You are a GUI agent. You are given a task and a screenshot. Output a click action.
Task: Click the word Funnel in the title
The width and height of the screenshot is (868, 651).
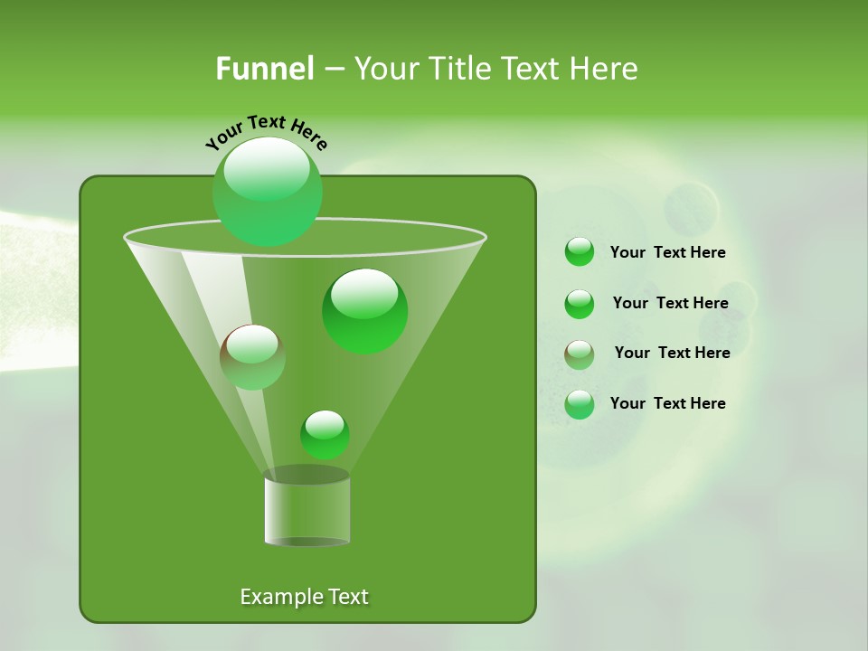point(264,69)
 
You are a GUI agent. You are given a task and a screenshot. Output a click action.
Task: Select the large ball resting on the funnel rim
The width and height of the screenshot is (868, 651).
point(267,191)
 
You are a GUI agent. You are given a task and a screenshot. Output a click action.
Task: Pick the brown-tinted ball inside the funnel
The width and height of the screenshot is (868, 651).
point(252,356)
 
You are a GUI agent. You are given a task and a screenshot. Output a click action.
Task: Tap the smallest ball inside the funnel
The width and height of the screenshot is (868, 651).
point(325,434)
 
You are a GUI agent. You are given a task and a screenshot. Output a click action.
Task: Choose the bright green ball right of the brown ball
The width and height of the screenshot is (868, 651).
point(364,310)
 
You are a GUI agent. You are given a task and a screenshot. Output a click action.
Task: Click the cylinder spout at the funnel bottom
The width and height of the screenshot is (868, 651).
point(307,508)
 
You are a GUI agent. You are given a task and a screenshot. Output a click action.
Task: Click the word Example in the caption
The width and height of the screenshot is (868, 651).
point(273,597)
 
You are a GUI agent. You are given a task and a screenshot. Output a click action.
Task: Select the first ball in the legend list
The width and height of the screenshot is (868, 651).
point(579,252)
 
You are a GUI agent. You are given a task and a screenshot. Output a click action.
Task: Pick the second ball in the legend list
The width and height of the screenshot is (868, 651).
point(579,304)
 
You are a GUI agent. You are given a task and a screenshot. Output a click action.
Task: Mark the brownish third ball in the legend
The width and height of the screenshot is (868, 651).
point(579,354)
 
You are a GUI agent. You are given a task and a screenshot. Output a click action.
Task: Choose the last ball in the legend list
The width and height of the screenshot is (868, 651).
point(579,404)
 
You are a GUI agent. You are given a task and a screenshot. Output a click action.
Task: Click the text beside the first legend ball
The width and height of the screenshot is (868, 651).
point(667,253)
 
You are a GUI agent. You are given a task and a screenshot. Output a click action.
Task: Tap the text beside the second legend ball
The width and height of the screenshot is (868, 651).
point(670,303)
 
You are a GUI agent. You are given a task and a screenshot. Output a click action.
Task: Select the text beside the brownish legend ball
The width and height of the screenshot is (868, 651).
point(672,353)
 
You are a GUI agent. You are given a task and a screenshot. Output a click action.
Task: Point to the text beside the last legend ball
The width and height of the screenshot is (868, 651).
point(667,403)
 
